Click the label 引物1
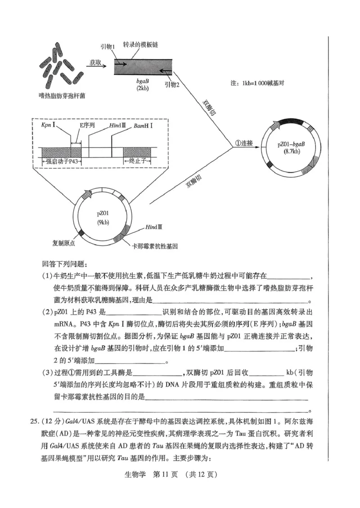click(108, 46)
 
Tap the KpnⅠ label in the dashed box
click(47, 127)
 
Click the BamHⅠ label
click(143, 127)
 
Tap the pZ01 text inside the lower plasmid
click(103, 213)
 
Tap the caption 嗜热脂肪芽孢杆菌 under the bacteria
click(62, 96)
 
